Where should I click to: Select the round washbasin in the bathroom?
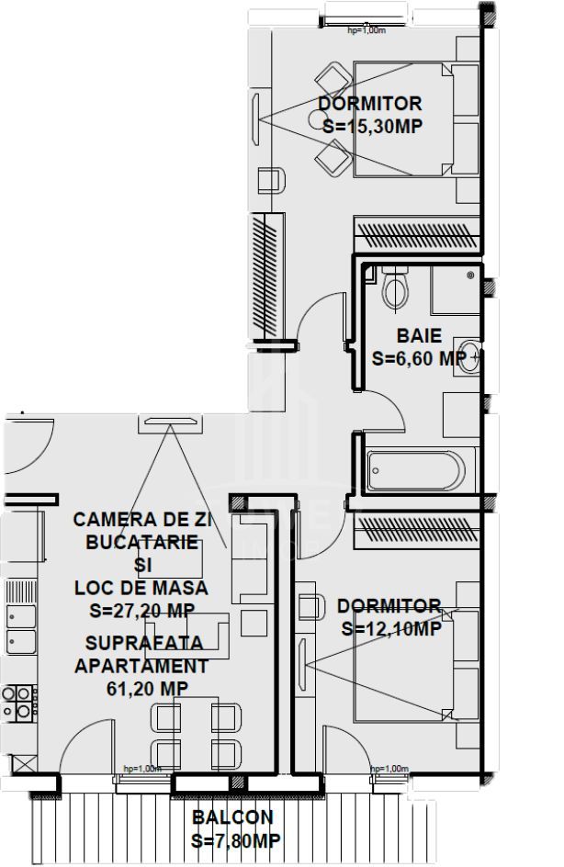coord(469,356)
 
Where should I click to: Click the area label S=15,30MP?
coord(372,127)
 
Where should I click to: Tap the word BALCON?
coord(232,817)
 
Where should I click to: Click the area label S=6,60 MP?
coord(419,359)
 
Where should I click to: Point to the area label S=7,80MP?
coord(235,840)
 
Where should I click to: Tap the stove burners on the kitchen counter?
coord(18,703)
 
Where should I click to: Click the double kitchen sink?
coord(20,626)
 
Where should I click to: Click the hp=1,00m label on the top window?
coord(365,30)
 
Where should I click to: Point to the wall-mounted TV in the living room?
coord(169,422)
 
